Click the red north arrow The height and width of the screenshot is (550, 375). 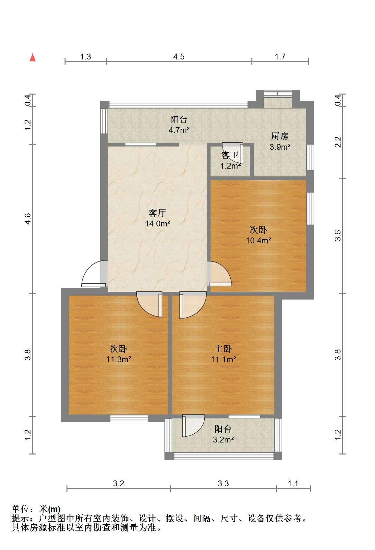click(33, 58)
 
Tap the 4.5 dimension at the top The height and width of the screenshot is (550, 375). click(179, 57)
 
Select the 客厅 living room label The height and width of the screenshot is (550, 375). click(157, 213)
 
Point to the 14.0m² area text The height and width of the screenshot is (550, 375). click(157, 224)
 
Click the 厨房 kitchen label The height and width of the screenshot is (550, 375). click(280, 136)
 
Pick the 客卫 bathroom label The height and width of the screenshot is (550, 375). click(230, 155)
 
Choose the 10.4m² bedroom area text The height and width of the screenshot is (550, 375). click(259, 240)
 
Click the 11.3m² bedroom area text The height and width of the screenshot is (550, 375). click(119, 359)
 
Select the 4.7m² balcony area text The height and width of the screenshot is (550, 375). click(179, 130)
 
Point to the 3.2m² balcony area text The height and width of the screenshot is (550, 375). click(223, 440)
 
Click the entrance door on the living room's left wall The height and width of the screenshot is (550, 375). click(95, 274)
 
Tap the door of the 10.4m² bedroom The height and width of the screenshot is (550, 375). click(219, 274)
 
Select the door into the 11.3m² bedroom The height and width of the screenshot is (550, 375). click(149, 304)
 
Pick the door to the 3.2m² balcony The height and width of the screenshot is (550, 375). click(194, 426)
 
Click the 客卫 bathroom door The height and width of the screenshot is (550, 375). click(233, 153)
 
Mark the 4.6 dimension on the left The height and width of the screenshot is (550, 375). click(28, 219)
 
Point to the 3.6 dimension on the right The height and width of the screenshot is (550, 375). click(338, 236)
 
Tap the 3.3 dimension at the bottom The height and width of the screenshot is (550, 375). click(223, 483)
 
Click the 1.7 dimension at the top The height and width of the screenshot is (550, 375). click(280, 57)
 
